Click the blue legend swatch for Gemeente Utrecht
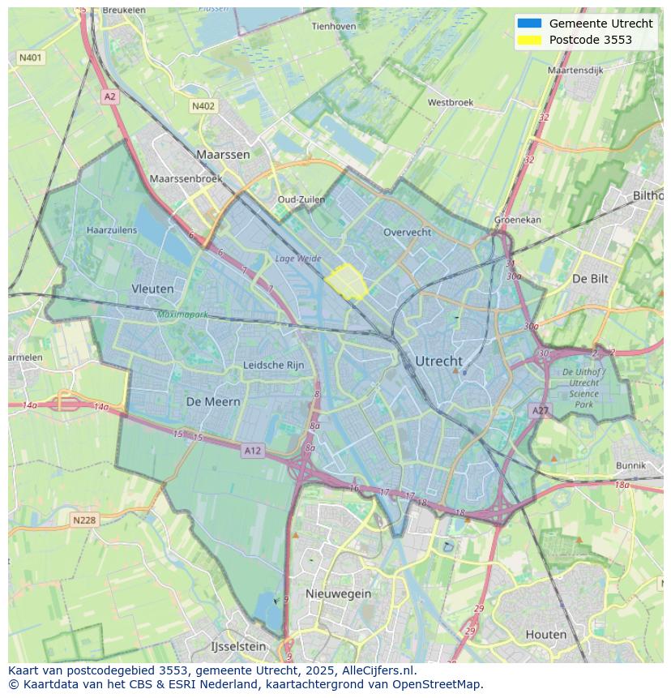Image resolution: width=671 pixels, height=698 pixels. click(528, 24)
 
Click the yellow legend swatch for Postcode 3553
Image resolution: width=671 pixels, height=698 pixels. click(528, 40)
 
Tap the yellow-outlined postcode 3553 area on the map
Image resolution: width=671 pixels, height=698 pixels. click(347, 281)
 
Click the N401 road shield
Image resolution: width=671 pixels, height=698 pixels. click(30, 58)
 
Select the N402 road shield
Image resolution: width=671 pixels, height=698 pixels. click(203, 106)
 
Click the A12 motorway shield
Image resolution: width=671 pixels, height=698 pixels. click(252, 450)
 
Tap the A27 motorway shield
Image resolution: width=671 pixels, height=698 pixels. click(541, 411)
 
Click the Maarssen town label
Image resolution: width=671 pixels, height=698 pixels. click(223, 153)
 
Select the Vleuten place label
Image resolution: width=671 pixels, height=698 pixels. click(152, 289)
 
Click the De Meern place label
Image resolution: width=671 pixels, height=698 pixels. click(213, 401)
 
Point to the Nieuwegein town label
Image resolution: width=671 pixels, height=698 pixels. click(338, 593)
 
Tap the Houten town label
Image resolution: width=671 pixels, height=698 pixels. click(546, 634)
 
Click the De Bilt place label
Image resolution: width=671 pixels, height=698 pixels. click(590, 278)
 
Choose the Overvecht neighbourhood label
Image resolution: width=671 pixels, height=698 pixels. click(407, 232)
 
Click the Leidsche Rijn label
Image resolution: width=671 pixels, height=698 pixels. click(274, 366)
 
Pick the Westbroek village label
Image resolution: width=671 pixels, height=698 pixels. click(451, 103)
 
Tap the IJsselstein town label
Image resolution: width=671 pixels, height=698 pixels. click(238, 647)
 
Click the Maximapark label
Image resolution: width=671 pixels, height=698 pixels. click(182, 313)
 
